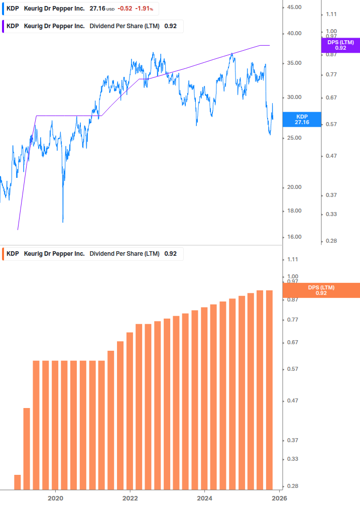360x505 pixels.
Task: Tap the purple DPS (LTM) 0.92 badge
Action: pos(340,45)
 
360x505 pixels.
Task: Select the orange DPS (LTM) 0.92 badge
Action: pos(321,290)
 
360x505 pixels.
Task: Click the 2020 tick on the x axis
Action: pos(55,497)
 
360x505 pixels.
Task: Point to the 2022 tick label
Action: pos(130,497)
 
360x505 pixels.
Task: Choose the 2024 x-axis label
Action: pos(204,497)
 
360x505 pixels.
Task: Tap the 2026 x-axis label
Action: pos(279,497)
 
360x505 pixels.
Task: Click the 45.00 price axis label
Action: pos(294,8)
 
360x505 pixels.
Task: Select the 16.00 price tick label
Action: pos(294,237)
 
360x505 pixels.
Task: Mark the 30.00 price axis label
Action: pos(294,97)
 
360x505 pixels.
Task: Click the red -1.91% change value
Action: pos(143,9)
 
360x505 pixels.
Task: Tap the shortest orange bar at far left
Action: pos(18,482)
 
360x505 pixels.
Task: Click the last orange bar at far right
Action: pos(269,389)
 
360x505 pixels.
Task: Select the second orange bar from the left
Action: pos(27,448)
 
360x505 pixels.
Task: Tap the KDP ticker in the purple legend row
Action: pos(13,26)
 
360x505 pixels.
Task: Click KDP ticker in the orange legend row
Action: pos(13,254)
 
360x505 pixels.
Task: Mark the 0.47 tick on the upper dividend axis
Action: pos(331,156)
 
